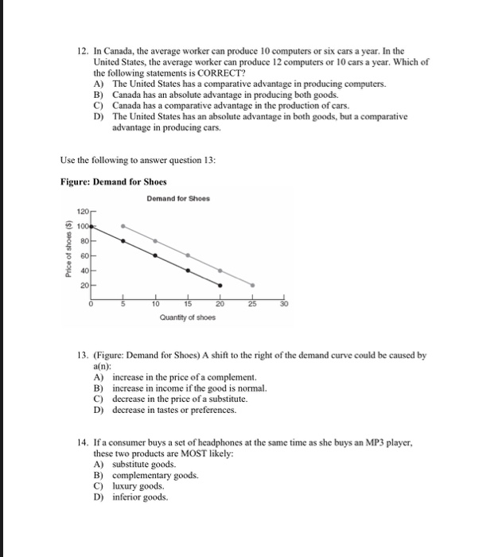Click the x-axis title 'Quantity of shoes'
coord(187,317)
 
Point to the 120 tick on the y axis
coord(83,212)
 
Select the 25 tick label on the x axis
coord(253,303)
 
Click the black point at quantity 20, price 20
coord(220,284)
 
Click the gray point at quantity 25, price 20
coord(253,284)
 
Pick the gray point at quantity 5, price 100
coord(123,226)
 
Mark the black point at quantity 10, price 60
coord(155,255)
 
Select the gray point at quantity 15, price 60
coord(188,255)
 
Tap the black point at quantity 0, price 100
coord(92,226)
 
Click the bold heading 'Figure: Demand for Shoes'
coord(108,181)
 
